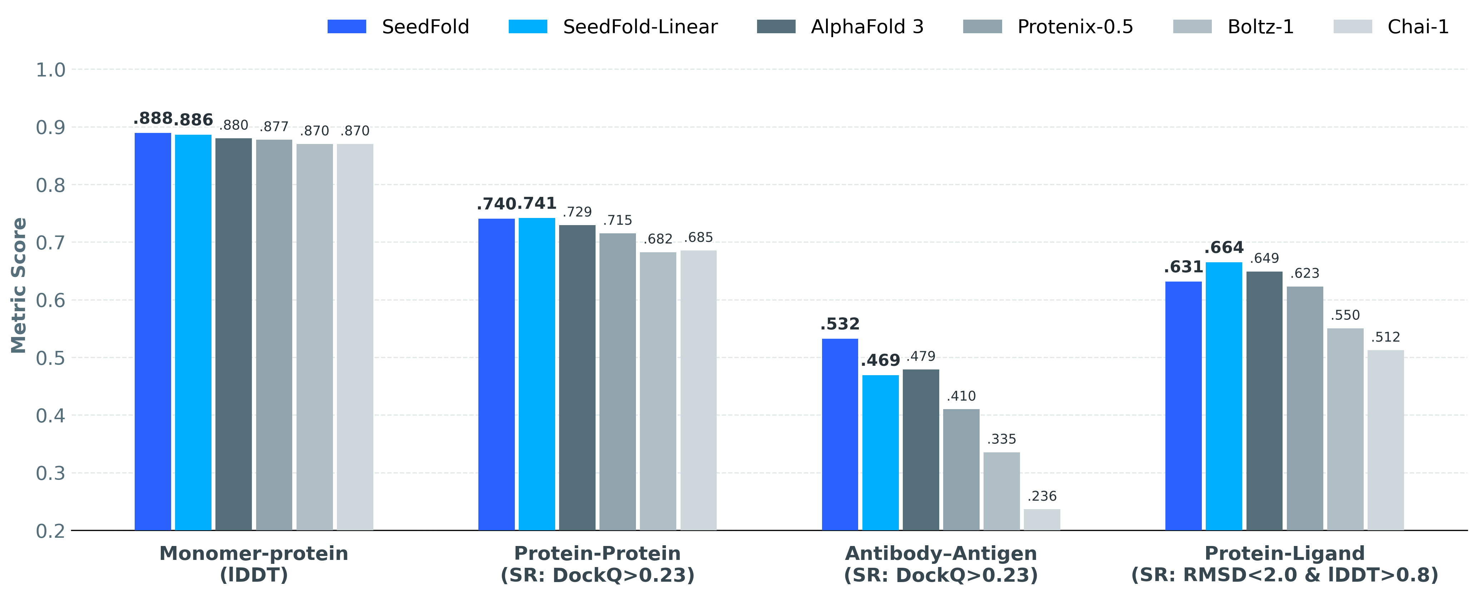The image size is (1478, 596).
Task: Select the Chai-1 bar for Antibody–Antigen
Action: tap(1042, 519)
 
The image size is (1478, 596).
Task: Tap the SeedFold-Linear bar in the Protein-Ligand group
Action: tap(1224, 396)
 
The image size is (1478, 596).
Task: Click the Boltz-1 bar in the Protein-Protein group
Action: tap(658, 391)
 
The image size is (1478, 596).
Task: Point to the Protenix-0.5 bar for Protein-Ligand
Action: tap(1305, 408)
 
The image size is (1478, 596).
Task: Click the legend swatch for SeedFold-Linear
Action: tap(528, 27)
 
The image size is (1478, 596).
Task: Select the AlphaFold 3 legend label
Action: tap(867, 27)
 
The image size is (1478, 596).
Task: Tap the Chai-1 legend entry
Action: tap(1418, 27)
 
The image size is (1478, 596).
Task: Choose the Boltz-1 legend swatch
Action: tap(1192, 27)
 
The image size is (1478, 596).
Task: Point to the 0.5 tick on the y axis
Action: tap(50, 358)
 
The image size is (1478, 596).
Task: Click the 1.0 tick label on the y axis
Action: tap(50, 70)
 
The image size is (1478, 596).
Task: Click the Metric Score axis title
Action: tap(19, 285)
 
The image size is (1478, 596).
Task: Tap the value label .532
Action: tap(840, 324)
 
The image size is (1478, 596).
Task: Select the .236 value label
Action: tap(1042, 496)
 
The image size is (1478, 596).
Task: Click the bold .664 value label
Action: tap(1224, 248)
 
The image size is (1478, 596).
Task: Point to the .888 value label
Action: tap(153, 119)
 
